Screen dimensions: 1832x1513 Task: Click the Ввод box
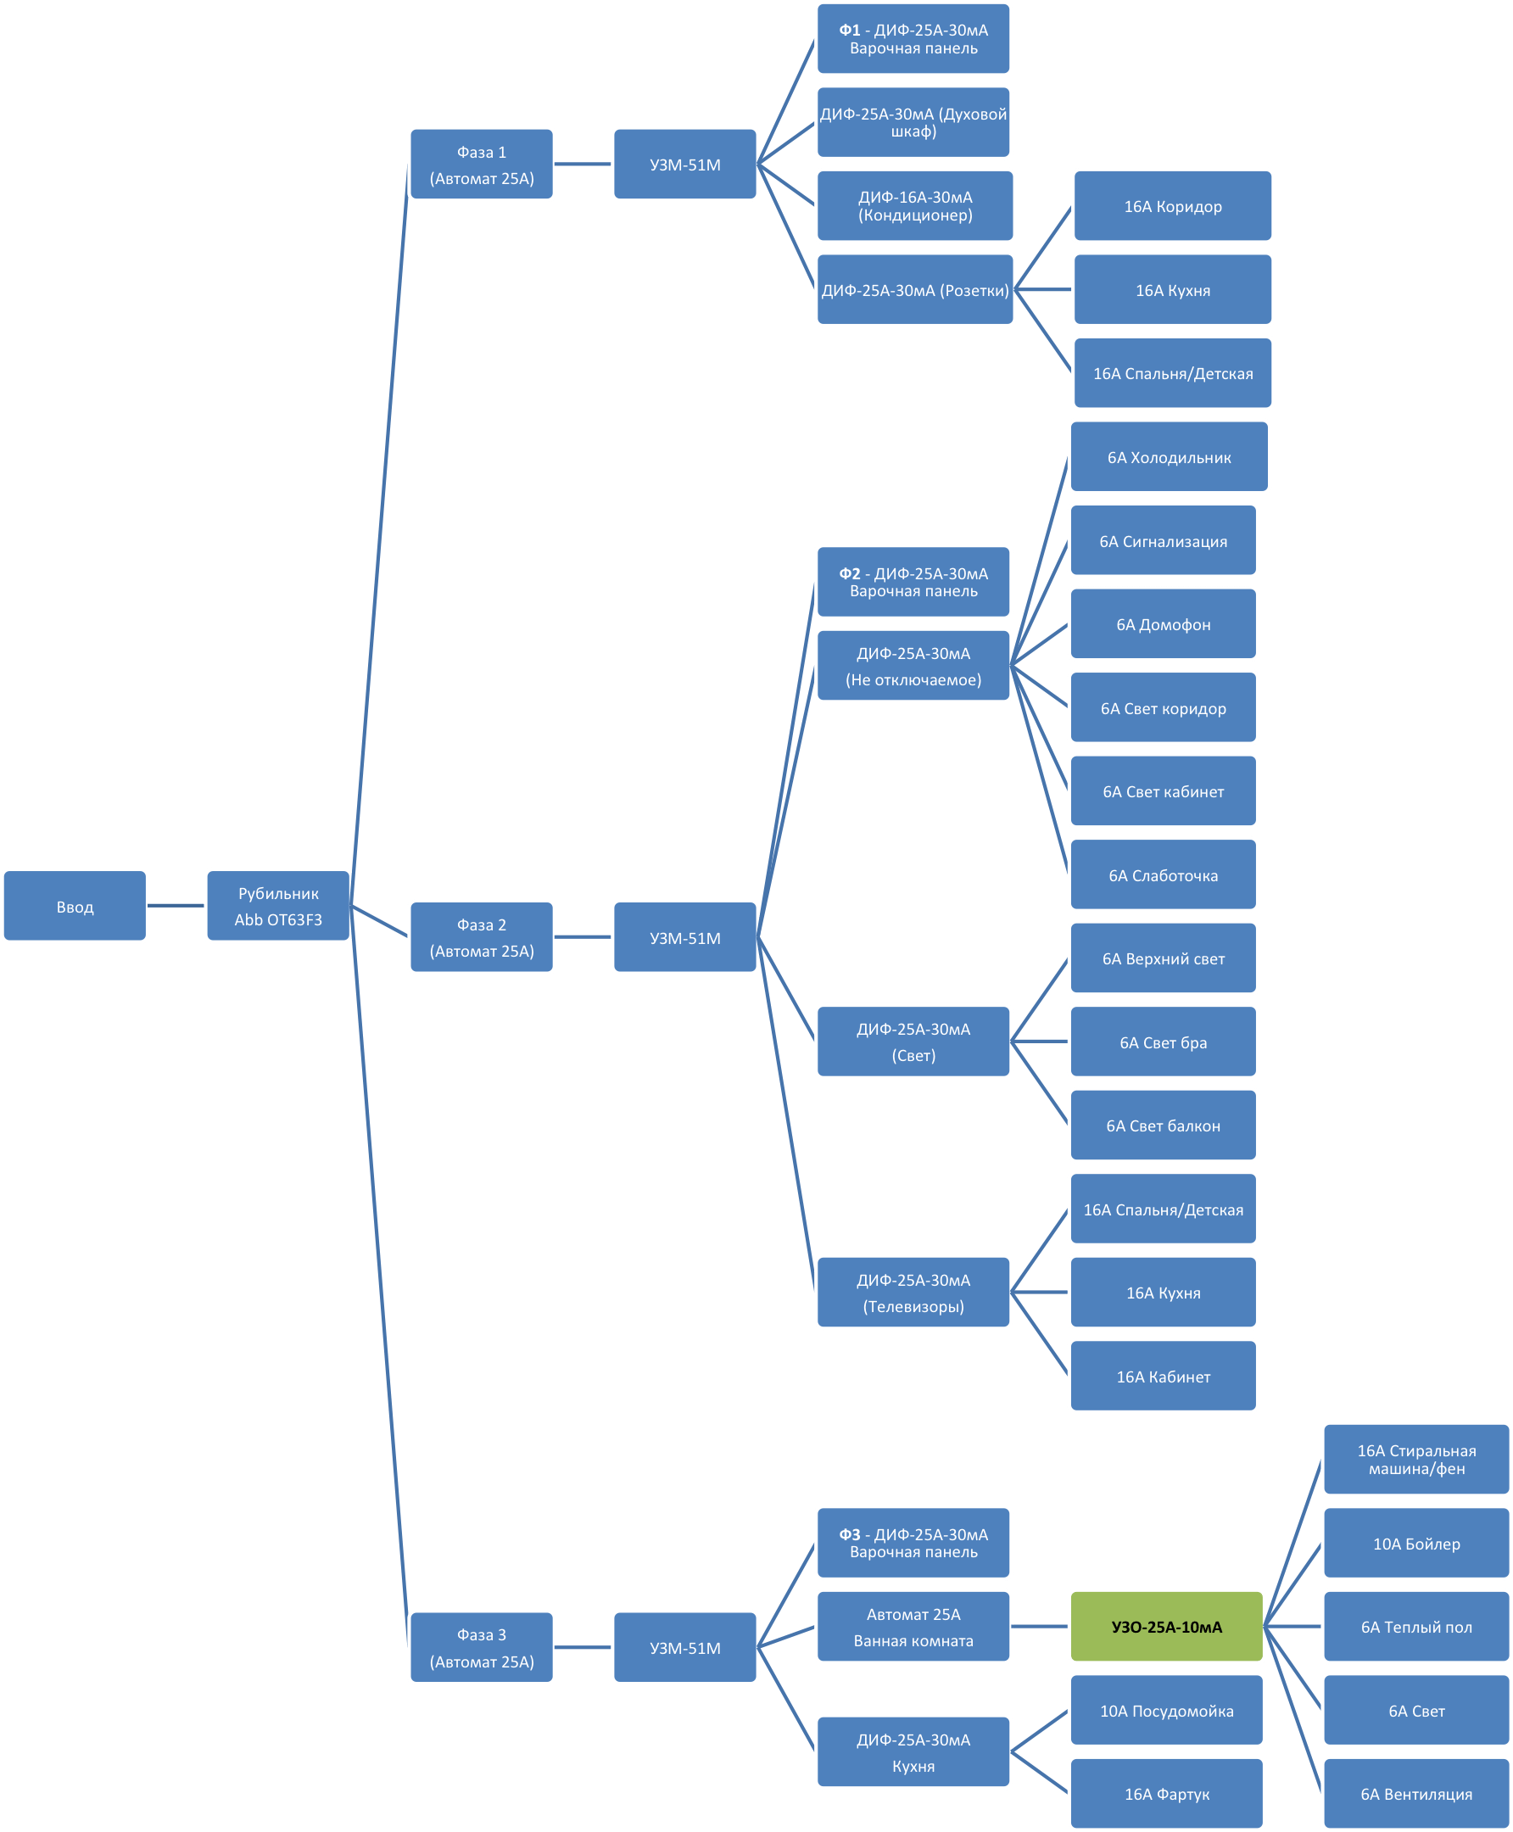(75, 906)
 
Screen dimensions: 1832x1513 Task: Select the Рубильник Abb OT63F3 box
(278, 906)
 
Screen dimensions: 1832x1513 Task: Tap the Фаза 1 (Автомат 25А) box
(481, 165)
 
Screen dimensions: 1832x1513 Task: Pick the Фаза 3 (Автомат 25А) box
(481, 1647)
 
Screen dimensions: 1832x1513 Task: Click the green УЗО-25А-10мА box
(1166, 1626)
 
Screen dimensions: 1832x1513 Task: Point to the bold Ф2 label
(849, 573)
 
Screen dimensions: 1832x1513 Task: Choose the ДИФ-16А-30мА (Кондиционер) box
(914, 206)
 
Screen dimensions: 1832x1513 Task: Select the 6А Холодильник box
(1169, 457)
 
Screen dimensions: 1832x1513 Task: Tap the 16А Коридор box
(1172, 207)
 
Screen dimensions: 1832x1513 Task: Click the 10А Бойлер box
(1416, 1544)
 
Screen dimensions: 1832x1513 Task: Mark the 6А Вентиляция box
(1416, 1794)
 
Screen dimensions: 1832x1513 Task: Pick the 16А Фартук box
(1166, 1794)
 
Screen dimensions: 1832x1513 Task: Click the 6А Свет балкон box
(1163, 1125)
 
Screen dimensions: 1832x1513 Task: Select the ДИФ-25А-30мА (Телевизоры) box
(913, 1293)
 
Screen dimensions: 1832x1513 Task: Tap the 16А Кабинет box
(1163, 1377)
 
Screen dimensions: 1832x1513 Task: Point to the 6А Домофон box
(1163, 624)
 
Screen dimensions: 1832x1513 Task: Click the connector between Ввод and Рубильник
(177, 906)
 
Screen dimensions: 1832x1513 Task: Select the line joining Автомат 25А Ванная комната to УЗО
(1040, 1626)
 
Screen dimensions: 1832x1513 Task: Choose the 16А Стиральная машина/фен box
(1416, 1460)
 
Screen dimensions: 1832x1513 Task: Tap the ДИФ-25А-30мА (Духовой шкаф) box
(913, 122)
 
